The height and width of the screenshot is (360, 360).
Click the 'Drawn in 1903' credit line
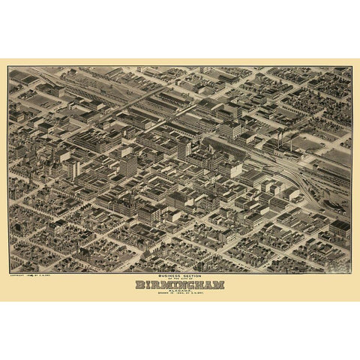coord(179,295)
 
